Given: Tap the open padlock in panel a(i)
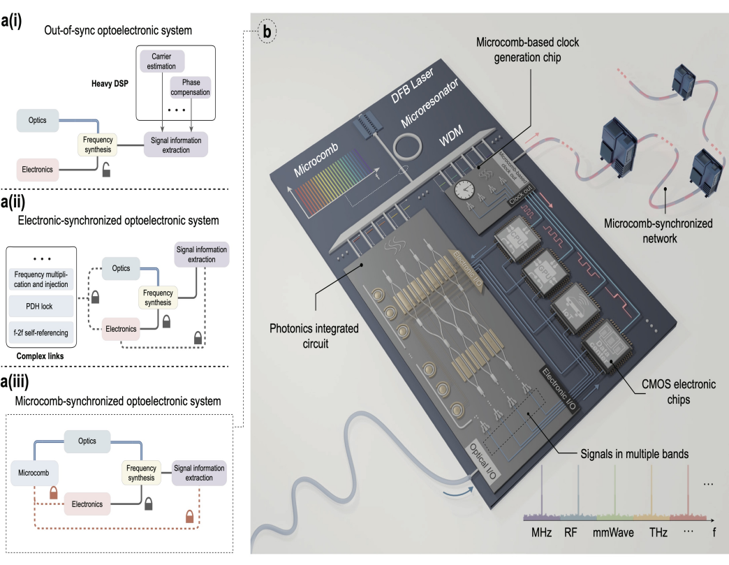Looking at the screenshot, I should coord(106,168).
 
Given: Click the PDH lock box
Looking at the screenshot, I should coord(40,305).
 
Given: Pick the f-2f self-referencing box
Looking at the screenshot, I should coord(40,333).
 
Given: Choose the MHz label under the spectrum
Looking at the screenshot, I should coord(541,533).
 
